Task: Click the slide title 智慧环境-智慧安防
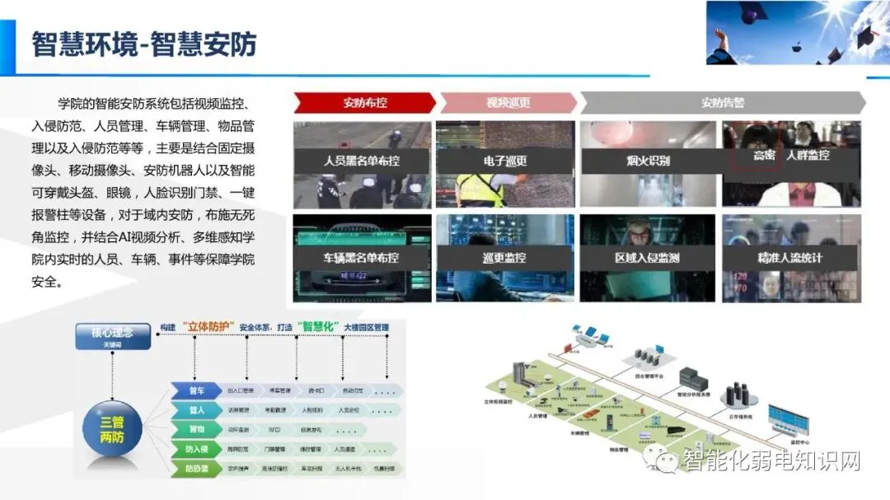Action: coord(143,44)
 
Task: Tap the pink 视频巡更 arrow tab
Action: coord(508,103)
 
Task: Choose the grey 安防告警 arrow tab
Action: coord(723,103)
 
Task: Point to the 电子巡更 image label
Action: coord(505,161)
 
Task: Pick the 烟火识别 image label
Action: coord(648,161)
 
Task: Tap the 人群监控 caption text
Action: coord(808,155)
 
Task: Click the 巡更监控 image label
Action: coord(505,258)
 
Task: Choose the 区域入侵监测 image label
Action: coord(648,258)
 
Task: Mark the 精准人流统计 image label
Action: coord(791,258)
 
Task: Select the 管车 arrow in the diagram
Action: coord(196,390)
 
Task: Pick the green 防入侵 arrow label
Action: coord(196,450)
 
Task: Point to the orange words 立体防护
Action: coord(209,327)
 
